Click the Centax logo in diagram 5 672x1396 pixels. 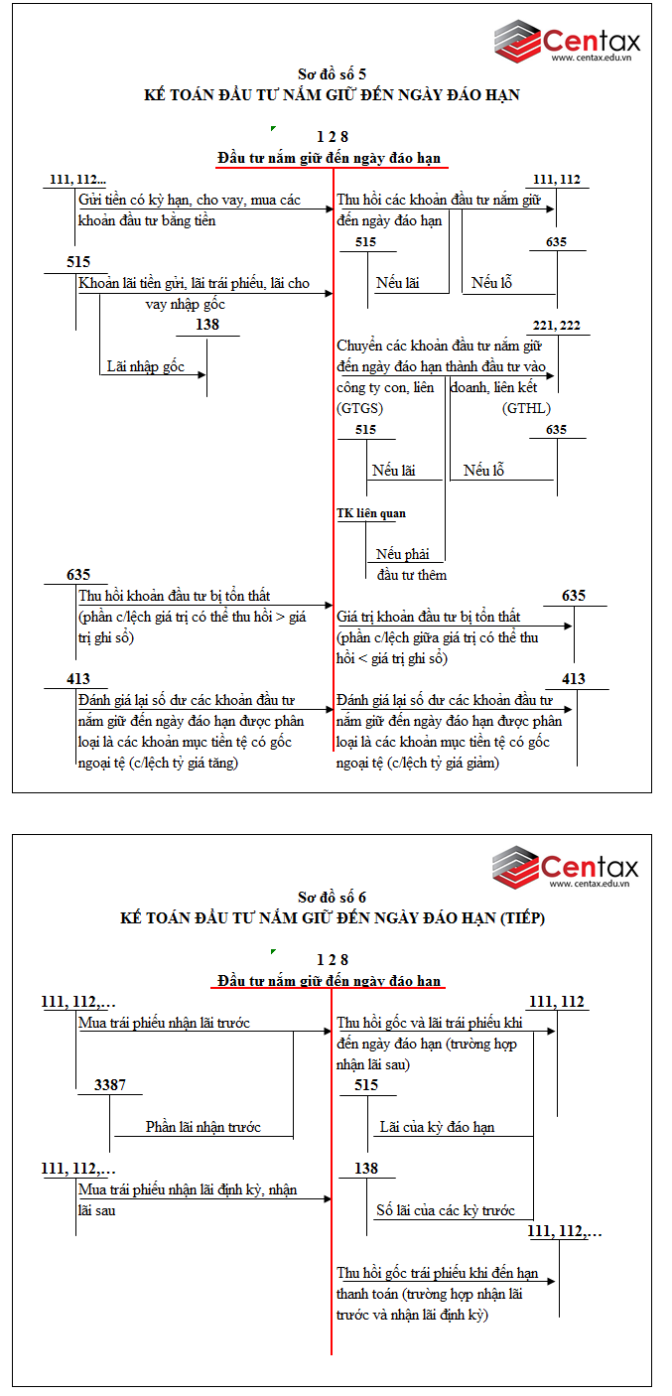click(567, 41)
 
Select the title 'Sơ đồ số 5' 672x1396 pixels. click(332, 74)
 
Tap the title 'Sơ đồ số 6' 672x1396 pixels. click(332, 897)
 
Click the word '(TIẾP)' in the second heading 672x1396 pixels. click(522, 918)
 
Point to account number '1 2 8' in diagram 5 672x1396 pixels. click(332, 136)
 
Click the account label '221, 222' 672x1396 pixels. click(556, 326)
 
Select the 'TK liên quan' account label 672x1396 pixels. click(371, 513)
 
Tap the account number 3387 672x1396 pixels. click(110, 1085)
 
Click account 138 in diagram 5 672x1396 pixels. click(207, 325)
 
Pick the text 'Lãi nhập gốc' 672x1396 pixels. click(146, 366)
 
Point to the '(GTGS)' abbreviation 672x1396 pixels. click(360, 408)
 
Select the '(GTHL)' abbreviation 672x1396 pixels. click(526, 408)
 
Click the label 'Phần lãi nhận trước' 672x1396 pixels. click(203, 1127)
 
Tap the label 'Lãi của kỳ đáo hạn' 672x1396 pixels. click(437, 1127)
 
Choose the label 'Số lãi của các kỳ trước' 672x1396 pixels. click(446, 1210)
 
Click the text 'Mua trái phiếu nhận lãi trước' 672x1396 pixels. click(164, 1023)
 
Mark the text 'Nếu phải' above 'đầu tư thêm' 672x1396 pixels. click(402, 554)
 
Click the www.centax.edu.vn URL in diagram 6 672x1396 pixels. click(590, 883)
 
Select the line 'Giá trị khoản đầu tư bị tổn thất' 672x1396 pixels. click(429, 617)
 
